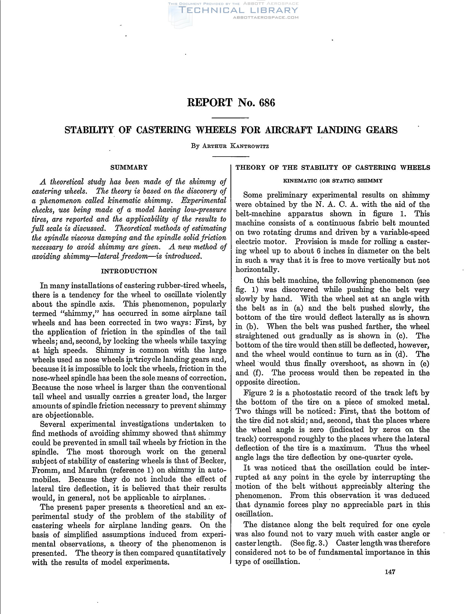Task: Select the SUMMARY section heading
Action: click(x=129, y=167)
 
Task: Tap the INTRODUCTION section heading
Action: click(x=129, y=271)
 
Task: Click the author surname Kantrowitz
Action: click(x=249, y=146)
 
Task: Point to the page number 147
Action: click(x=390, y=572)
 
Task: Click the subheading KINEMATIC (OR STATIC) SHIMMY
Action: click(x=332, y=181)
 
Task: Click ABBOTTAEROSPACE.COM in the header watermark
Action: click(x=266, y=17)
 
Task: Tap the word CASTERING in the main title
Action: click(x=163, y=130)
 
